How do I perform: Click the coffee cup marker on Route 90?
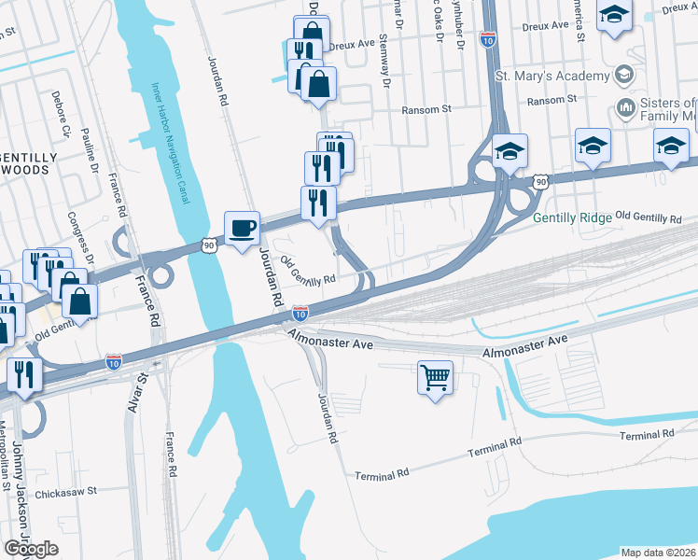coord(242,228)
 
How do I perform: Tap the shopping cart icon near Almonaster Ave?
coord(435,378)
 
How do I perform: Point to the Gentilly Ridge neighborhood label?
coord(572,217)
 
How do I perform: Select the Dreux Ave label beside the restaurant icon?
coord(352,43)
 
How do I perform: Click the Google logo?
coord(31,549)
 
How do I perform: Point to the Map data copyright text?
coord(658,553)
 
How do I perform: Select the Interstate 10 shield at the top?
coord(487,38)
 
